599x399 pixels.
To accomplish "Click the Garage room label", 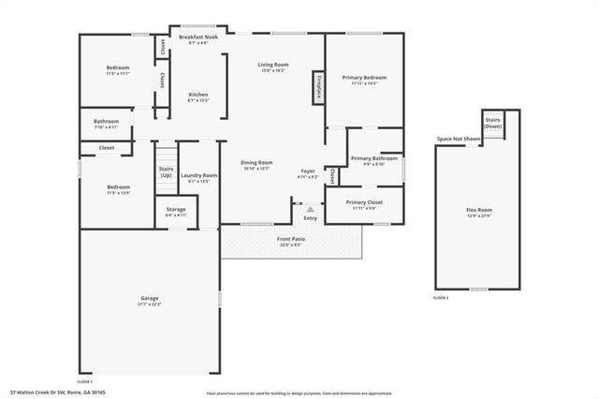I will (150, 299).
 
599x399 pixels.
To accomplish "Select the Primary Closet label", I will (364, 204).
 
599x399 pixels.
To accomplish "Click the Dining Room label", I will (257, 165).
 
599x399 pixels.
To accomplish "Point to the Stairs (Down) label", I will (493, 123).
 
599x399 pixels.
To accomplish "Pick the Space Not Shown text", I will (459, 140).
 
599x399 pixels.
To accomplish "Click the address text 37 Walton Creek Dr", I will (46, 392).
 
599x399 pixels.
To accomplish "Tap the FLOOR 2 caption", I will (441, 297).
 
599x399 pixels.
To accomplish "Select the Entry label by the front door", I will (310, 217).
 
